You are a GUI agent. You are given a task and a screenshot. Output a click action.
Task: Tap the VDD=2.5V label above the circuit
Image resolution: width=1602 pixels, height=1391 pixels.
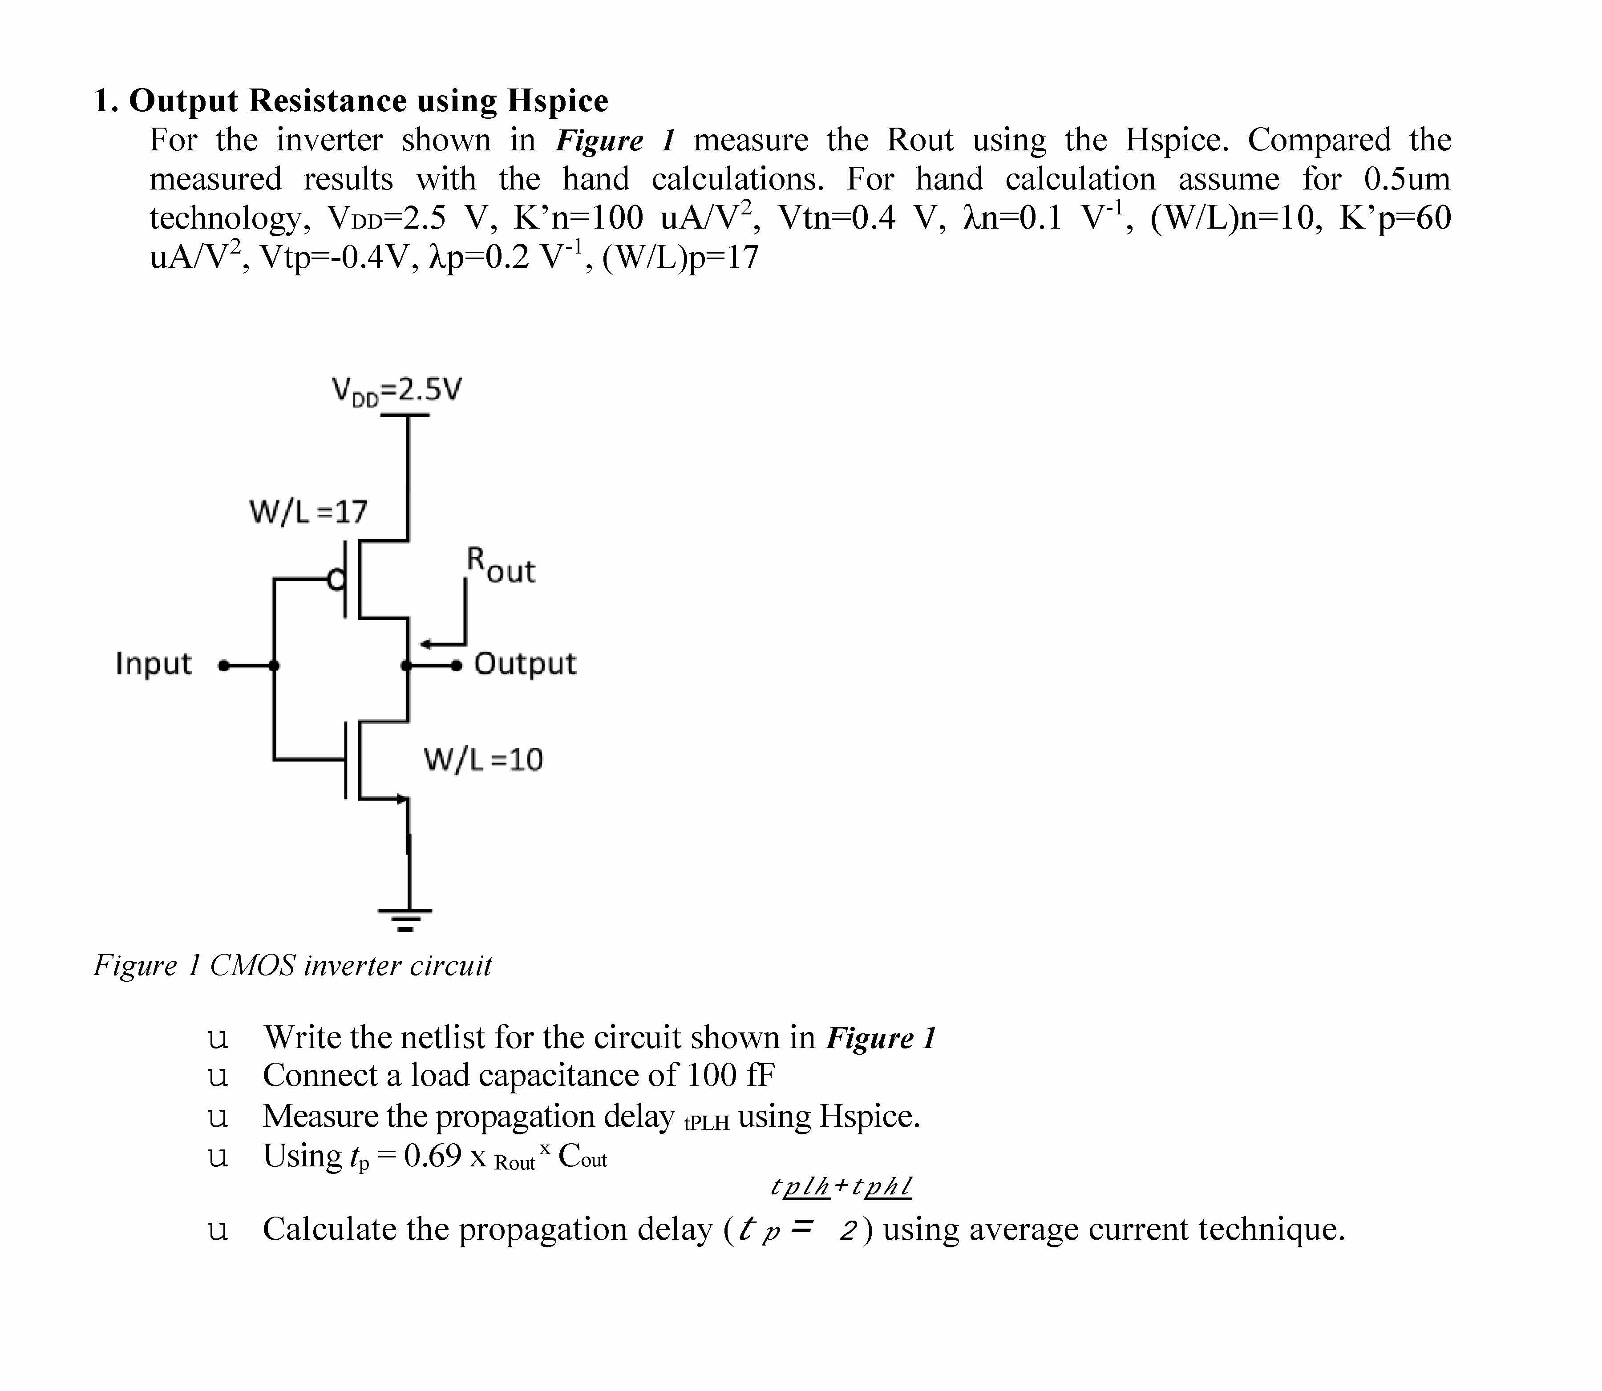click(396, 390)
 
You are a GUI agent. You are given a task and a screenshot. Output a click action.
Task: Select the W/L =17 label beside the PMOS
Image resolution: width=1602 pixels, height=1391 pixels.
click(308, 512)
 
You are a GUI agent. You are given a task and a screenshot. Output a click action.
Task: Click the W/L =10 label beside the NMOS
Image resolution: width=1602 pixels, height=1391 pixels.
click(482, 759)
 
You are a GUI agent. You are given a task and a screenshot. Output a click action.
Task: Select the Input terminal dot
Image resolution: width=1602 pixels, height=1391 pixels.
click(224, 665)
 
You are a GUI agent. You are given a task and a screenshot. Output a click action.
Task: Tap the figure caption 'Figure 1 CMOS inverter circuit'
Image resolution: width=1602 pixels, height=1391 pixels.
click(293, 966)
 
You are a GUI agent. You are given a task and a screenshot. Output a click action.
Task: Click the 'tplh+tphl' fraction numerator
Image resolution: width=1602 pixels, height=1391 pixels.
click(841, 1186)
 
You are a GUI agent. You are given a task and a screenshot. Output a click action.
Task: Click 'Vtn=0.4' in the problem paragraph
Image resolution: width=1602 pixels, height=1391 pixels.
click(836, 218)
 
